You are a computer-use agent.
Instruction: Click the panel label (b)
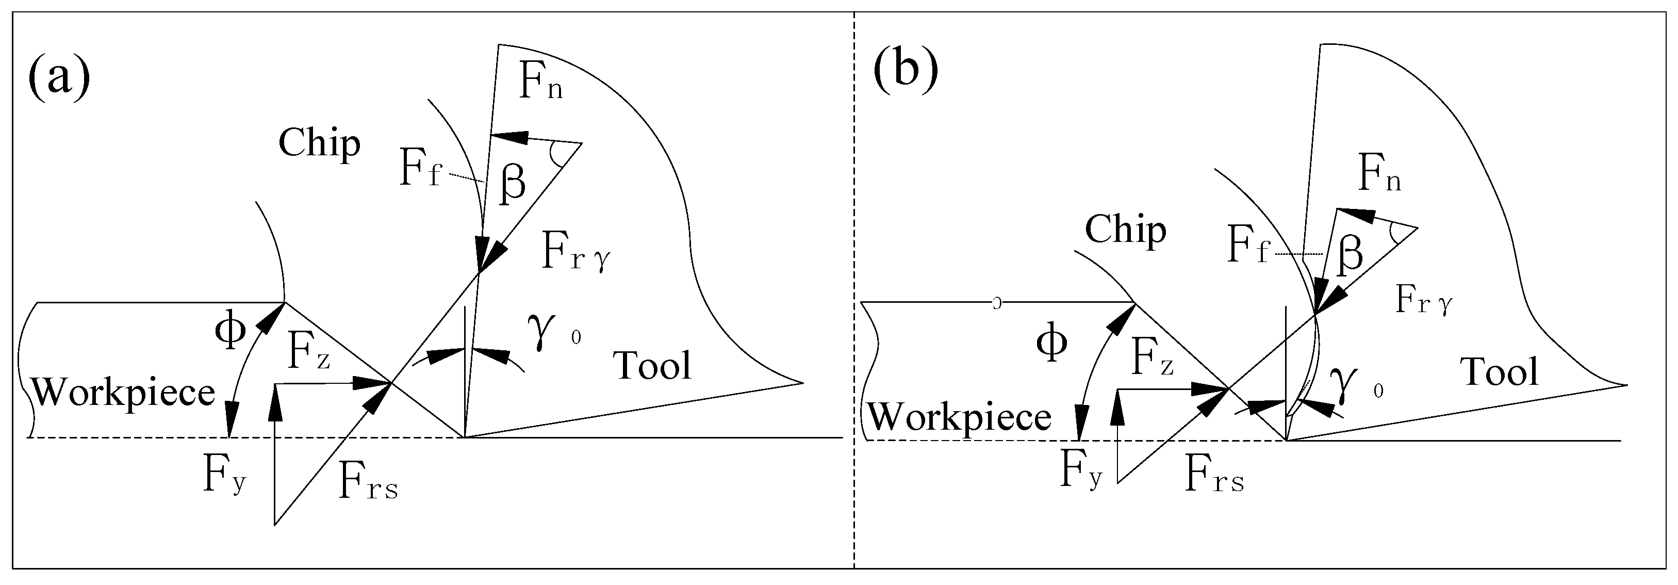906,70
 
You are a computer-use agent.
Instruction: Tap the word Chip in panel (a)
319,143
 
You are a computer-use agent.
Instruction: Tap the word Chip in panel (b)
1125,230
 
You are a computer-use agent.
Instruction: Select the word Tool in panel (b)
1501,372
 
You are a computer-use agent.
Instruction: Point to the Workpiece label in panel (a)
123,393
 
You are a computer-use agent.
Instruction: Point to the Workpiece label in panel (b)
960,417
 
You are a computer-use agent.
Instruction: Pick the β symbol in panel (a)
513,183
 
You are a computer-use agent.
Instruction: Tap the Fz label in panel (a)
308,354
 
